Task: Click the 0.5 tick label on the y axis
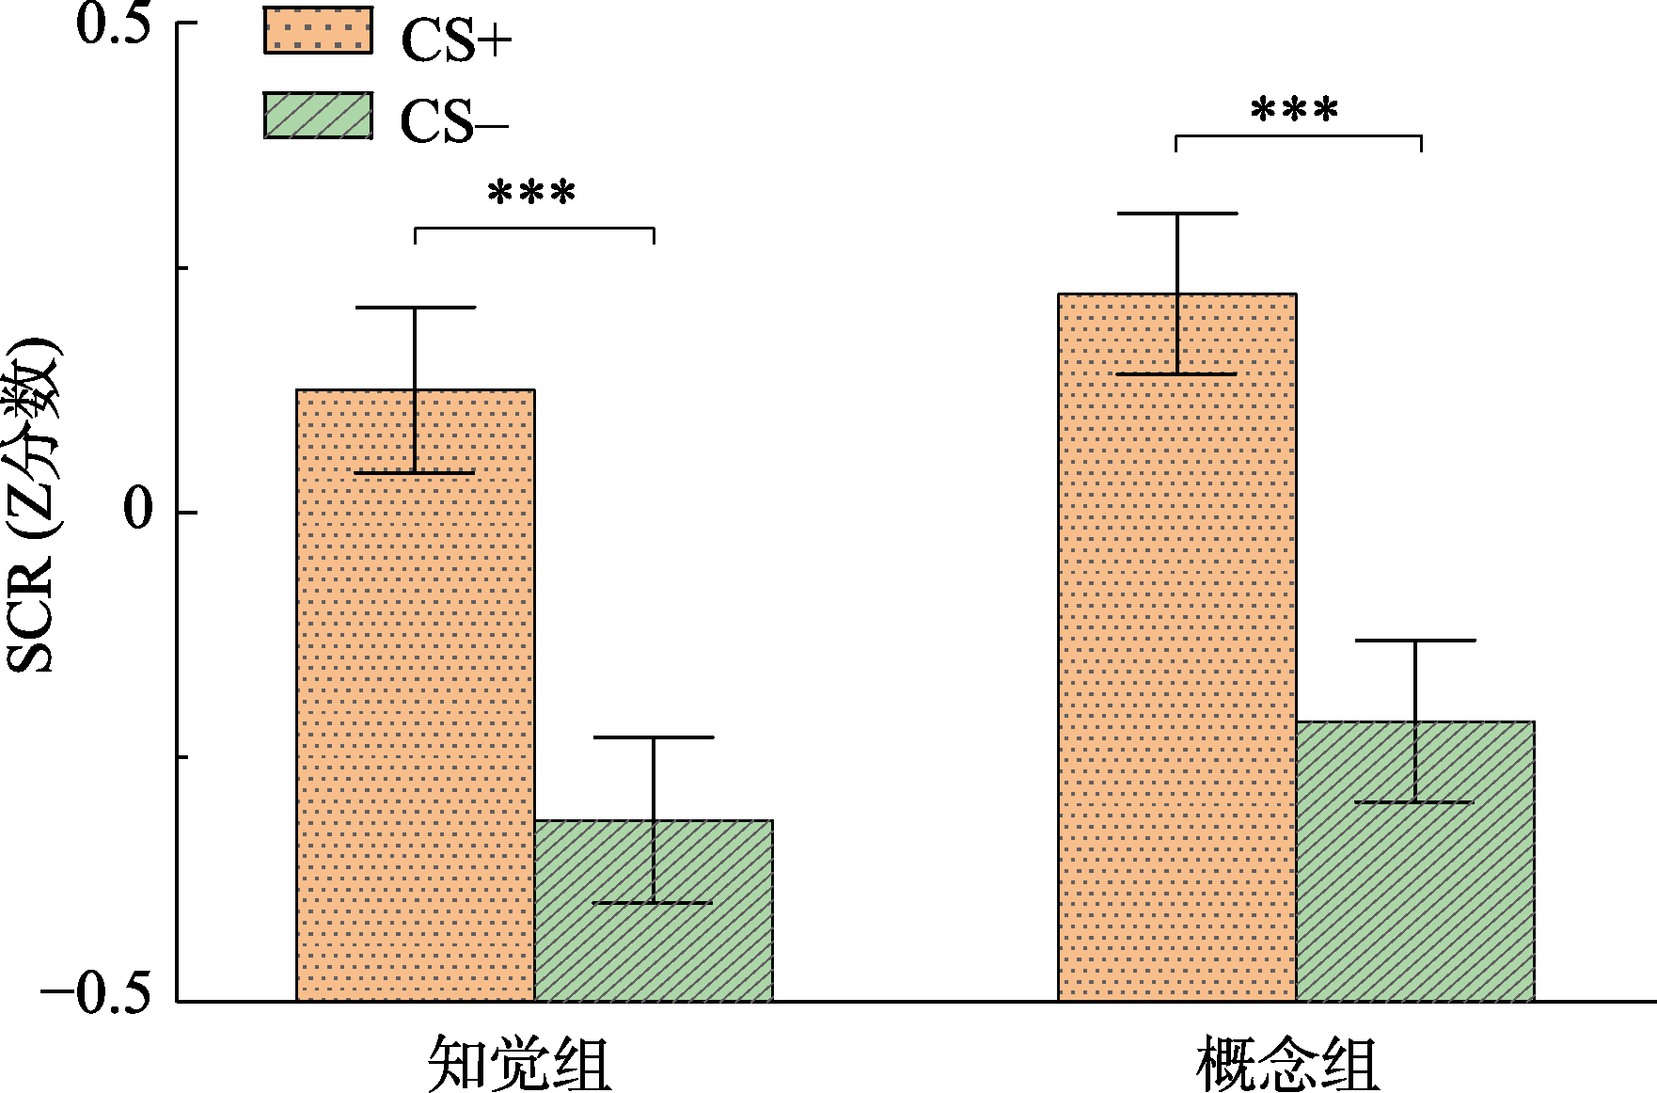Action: [114, 25]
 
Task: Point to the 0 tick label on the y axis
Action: [138, 511]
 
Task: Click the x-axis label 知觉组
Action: [519, 1064]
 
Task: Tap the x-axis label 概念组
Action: [1287, 1064]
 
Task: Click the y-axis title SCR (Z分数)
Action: [32, 505]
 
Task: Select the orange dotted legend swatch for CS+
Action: [318, 30]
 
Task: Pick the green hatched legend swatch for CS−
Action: [318, 116]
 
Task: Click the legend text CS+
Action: [456, 40]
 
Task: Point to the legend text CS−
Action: [454, 122]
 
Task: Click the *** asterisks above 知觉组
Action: [531, 194]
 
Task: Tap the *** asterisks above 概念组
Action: [1294, 111]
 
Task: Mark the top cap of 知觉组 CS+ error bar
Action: [416, 308]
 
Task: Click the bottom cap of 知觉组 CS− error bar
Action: [654, 903]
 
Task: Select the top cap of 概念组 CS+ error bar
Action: [1177, 214]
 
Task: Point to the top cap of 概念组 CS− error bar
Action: [1415, 641]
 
